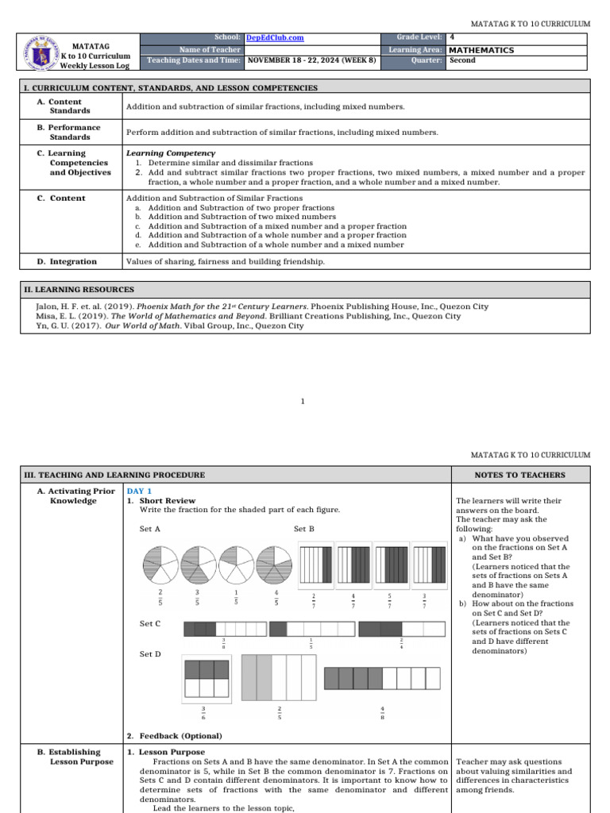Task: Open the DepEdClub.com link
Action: click(275, 37)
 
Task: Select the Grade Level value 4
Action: click(452, 37)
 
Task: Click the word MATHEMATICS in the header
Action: click(481, 50)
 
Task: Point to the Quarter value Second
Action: click(462, 60)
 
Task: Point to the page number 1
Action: click(303, 402)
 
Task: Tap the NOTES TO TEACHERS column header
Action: click(519, 475)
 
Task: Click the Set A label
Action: click(150, 529)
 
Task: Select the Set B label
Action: click(304, 529)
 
